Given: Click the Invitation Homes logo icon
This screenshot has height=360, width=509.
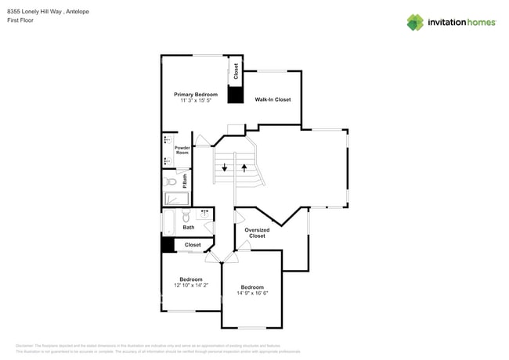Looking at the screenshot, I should [415, 22].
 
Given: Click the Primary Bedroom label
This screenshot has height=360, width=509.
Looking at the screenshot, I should [195, 94].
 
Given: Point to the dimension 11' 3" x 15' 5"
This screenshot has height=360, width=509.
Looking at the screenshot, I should [195, 101].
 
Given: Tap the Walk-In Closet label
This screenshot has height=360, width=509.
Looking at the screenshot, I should [273, 99].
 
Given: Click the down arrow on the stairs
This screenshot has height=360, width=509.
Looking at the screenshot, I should [225, 167].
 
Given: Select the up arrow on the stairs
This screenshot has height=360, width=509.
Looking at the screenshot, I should [244, 167].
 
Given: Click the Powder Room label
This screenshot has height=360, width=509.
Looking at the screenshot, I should [182, 150].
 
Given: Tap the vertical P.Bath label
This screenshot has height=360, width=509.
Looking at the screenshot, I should [185, 181].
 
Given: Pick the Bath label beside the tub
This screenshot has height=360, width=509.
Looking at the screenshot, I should [189, 228].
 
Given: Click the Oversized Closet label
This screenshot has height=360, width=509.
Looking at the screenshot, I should [257, 232].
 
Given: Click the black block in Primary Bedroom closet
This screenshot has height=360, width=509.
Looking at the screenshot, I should [234, 95].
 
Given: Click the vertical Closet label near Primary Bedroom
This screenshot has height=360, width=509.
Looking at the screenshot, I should [236, 70].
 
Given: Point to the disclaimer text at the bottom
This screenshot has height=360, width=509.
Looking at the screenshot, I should [157, 348].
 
